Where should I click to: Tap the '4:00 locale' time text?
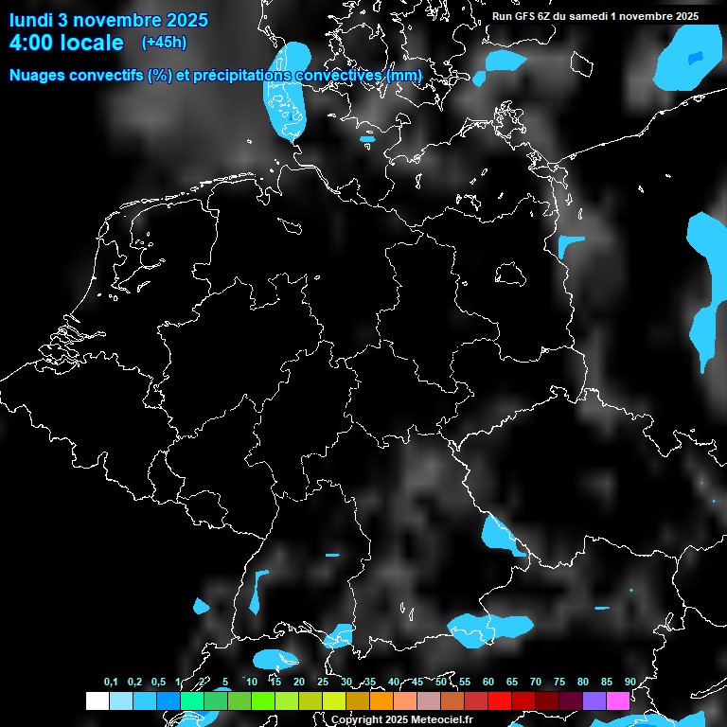pos(66,43)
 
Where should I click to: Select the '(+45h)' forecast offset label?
pos(164,43)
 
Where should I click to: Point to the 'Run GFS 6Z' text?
pos(526,16)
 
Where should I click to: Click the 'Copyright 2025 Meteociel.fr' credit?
pos(401,719)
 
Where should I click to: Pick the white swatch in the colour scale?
pos(97,700)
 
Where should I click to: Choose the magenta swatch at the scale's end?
pos(618,700)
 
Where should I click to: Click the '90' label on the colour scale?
pos(629,682)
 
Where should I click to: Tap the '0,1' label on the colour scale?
pos(111,682)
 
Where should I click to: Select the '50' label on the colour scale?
pos(441,682)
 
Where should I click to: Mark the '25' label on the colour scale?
pos(323,682)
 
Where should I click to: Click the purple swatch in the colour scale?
pos(594,700)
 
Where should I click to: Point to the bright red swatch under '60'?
pos(500,700)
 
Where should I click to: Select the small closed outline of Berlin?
pos(510,273)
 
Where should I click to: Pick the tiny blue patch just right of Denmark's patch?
pos(367,139)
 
